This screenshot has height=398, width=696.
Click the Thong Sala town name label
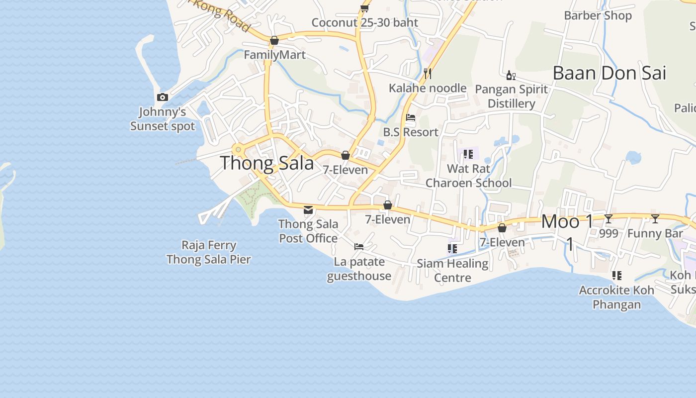point(267,163)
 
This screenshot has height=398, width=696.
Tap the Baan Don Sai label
point(609,73)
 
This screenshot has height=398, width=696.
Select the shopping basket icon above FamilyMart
point(274,40)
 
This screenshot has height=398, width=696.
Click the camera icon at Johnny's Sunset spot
point(163,98)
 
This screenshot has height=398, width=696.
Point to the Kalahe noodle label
point(428,88)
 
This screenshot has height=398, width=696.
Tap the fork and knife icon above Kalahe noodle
point(428,74)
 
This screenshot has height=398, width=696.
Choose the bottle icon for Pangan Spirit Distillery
point(511,75)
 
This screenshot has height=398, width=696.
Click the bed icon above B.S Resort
point(411,118)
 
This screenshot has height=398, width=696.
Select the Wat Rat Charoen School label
point(468,176)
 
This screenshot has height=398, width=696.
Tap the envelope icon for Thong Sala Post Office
point(308,209)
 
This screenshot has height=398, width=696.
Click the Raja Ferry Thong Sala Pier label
point(209,252)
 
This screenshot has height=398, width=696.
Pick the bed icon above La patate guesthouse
point(359,247)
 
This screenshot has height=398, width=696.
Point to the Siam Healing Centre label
point(452,270)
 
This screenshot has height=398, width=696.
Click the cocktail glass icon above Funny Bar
point(655,218)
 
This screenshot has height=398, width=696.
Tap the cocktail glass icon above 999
point(609,218)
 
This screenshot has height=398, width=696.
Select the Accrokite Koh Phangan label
point(616,297)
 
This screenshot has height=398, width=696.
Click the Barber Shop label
point(598,15)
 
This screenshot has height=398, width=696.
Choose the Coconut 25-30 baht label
point(365,22)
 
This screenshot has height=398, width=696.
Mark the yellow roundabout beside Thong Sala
point(238,149)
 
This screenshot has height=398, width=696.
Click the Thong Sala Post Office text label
point(308,231)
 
